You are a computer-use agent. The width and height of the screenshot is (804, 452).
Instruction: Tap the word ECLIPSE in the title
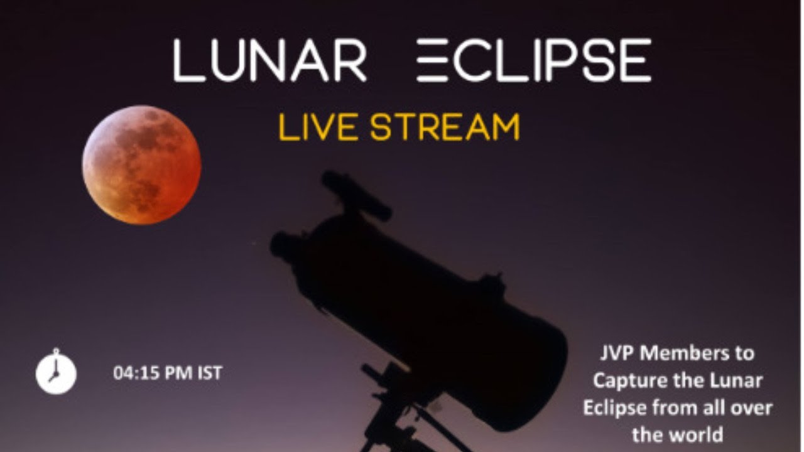(534, 61)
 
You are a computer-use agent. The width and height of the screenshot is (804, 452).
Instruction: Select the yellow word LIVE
(317, 127)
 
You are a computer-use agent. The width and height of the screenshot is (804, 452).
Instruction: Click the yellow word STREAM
(445, 127)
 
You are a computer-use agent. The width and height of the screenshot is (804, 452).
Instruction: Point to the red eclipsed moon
(142, 165)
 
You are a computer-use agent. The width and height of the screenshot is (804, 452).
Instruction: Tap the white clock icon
(56, 373)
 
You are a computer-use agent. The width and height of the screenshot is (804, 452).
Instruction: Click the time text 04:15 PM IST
(168, 374)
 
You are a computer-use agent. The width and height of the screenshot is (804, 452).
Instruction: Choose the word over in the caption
(752, 407)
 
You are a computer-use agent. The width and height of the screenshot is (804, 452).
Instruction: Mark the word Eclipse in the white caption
(616, 407)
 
